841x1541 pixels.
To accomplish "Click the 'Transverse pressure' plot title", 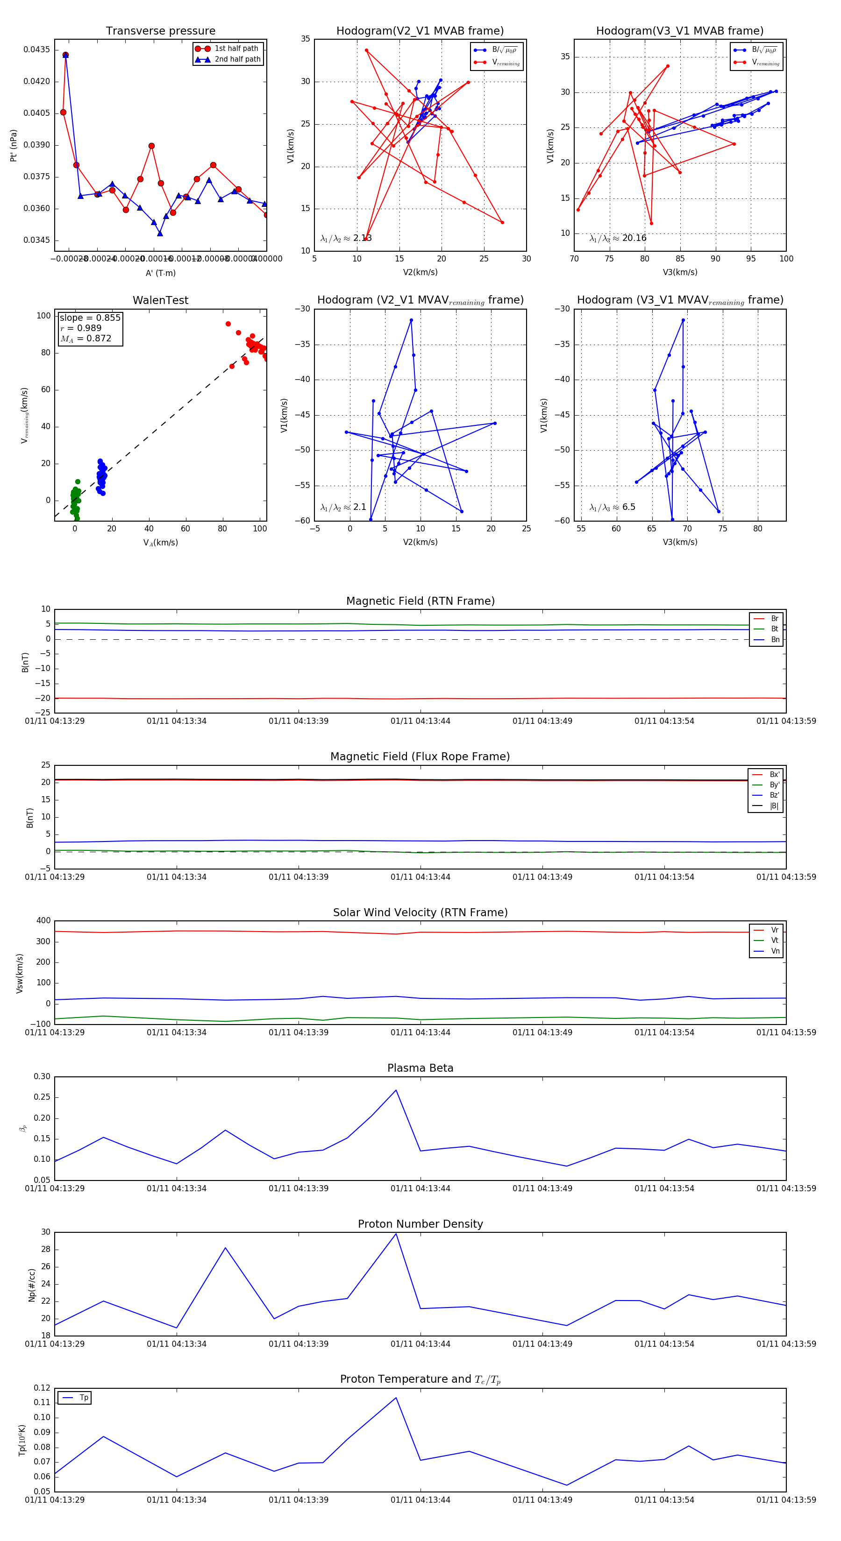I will (160, 31).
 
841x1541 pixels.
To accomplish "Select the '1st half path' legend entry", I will (236, 49).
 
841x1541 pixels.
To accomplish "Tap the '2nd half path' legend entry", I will (237, 59).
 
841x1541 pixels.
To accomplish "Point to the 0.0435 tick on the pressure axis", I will (36, 49).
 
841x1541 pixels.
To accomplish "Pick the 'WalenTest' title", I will (160, 300).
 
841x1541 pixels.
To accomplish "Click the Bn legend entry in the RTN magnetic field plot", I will (775, 639).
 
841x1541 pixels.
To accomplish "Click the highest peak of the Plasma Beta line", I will (396, 1090).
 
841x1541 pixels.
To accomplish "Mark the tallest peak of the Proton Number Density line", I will (396, 1234).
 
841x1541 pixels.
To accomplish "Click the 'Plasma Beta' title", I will (420, 1068).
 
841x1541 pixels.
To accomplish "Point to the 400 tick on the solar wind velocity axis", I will (44, 921).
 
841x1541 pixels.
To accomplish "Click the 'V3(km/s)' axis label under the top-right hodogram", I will (679, 272).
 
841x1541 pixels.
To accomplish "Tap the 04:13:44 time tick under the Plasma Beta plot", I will (420, 1188).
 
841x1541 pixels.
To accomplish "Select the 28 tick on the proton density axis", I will (45, 1250).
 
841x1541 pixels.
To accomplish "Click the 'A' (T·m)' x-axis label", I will (160, 273).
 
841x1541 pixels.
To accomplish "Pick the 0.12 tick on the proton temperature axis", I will (42, 1388).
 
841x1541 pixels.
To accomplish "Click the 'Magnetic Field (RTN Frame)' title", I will (420, 601).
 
